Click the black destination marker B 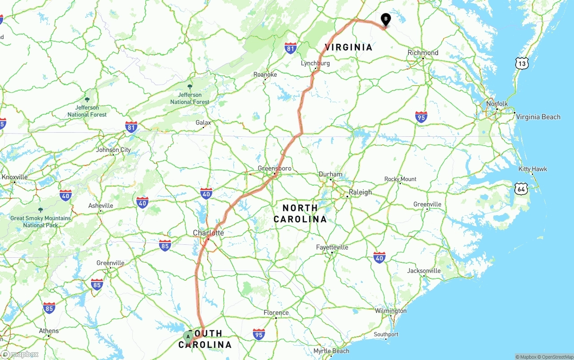(385, 19)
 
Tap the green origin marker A (188, 337)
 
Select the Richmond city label (423, 53)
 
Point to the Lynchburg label (315, 63)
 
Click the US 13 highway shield (522, 63)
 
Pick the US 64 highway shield (521, 188)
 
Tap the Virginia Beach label (538, 117)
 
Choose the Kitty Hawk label (533, 169)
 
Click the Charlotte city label (208, 233)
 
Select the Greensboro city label (274, 169)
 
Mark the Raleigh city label (360, 192)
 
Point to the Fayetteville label (332, 247)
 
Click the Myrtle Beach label (331, 351)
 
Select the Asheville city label (100, 206)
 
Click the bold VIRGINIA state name (348, 47)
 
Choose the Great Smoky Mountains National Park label (40, 221)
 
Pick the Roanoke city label (265, 74)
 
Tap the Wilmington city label (391, 311)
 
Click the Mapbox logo (20, 354)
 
